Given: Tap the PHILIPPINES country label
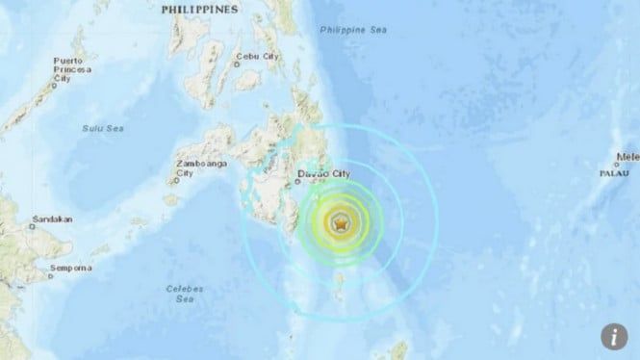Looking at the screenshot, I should (200, 9).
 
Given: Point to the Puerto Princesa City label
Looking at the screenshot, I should (72, 69).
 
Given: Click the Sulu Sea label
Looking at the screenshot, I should (99, 126).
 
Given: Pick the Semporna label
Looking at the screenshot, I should (70, 267).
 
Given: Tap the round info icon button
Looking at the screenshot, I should (613, 336).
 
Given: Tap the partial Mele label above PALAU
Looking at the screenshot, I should (627, 155).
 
